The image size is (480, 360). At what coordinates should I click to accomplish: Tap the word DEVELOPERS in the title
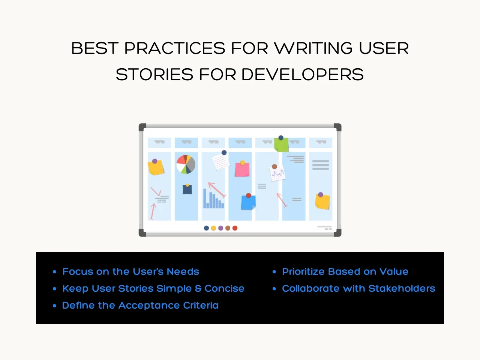302,74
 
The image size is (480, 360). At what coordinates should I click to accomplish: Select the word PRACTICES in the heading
175,48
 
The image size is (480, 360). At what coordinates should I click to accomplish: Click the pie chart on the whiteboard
186,164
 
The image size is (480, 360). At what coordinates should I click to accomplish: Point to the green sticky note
282,144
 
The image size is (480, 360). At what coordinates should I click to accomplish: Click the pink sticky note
242,169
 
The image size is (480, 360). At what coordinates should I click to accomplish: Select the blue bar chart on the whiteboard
214,198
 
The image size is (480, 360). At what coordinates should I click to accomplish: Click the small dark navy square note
187,189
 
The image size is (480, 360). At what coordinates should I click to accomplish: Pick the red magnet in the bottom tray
235,228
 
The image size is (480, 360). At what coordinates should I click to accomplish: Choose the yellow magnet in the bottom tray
213,228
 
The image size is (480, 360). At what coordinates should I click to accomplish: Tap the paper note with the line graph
277,173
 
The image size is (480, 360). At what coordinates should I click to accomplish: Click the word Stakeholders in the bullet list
402,288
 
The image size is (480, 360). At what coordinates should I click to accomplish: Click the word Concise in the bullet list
224,288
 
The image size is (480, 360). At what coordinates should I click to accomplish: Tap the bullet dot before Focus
54,272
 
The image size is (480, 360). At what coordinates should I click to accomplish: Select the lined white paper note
221,162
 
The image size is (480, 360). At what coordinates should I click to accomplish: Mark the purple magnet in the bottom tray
220,228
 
